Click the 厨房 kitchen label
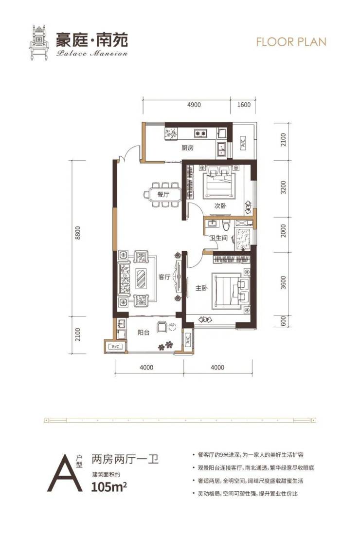pyautogui.click(x=188, y=148)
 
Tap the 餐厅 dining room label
pyautogui.click(x=163, y=195)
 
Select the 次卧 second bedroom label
pyautogui.click(x=220, y=205)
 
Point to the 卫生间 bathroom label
pyautogui.click(x=219, y=238)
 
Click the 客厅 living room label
pyautogui.click(x=164, y=277)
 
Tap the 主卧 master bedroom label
pyautogui.click(x=201, y=288)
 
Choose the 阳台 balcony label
pyautogui.click(x=143, y=333)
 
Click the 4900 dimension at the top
pyautogui.click(x=194, y=105)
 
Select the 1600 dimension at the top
pyautogui.click(x=244, y=105)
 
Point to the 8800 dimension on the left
pyautogui.click(x=78, y=233)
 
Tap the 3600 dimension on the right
pyautogui.click(x=283, y=282)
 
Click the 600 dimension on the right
pyautogui.click(x=283, y=321)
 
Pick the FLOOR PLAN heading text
pyautogui.click(x=291, y=42)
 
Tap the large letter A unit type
pyautogui.click(x=65, y=472)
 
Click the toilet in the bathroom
pyautogui.click(x=226, y=225)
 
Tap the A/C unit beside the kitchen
pyautogui.click(x=242, y=142)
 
